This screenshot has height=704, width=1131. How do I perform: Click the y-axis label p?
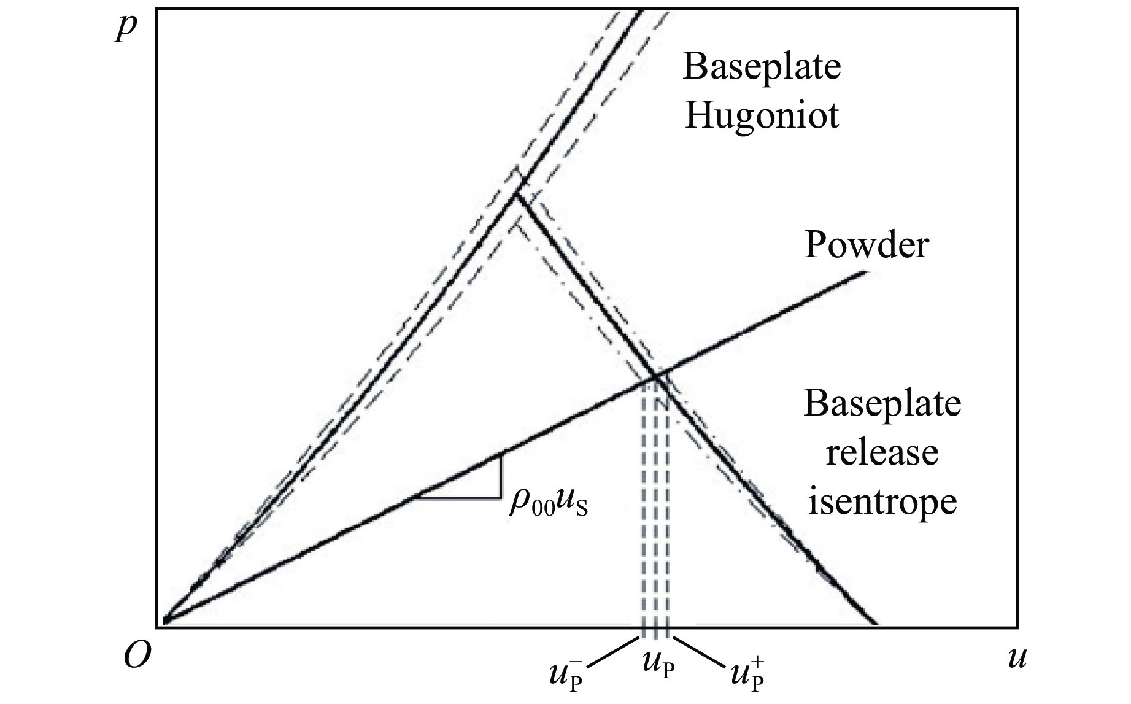pyautogui.click(x=126, y=28)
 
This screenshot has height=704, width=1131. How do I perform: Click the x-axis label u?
pyautogui.click(x=1016, y=658)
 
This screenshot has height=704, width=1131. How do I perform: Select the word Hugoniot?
pyautogui.click(x=761, y=115)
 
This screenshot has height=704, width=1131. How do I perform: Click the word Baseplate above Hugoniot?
pyautogui.click(x=761, y=66)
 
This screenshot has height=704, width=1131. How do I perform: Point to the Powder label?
pyautogui.click(x=866, y=245)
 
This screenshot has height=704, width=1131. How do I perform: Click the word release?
pyautogui.click(x=882, y=453)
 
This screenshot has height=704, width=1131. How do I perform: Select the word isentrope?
pyautogui.click(x=882, y=501)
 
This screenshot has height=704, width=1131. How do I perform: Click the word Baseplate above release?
pyautogui.click(x=882, y=404)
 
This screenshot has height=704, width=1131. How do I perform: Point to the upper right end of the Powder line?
pyautogui.click(x=867, y=272)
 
